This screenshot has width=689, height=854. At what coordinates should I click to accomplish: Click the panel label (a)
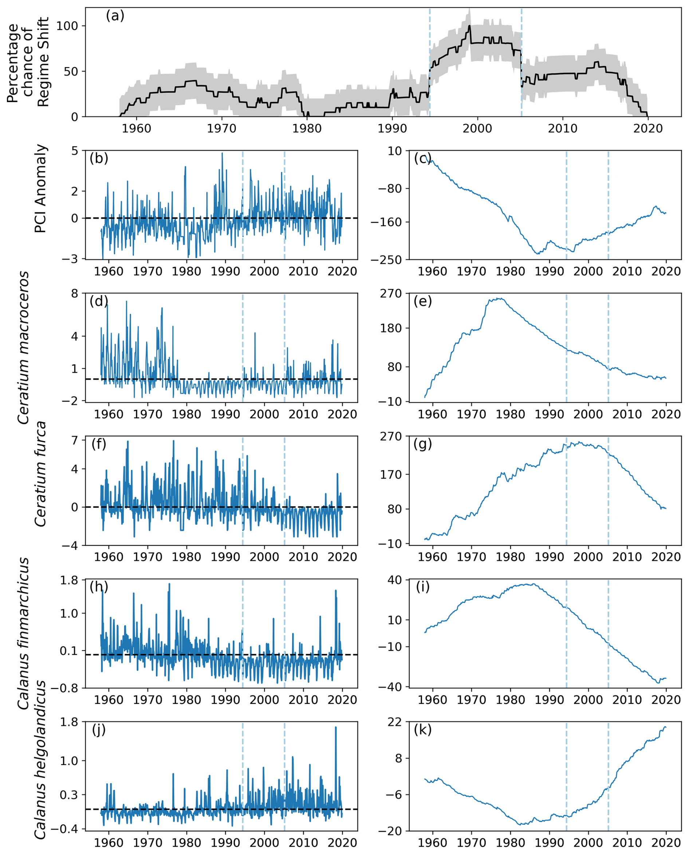click(x=115, y=16)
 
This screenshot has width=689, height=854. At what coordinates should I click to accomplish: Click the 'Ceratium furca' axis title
click(x=40, y=474)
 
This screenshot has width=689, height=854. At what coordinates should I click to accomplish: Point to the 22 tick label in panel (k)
click(x=394, y=722)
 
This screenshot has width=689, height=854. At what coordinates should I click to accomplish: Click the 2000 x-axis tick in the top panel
click(x=477, y=129)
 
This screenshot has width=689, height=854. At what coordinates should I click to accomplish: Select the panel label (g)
click(x=423, y=444)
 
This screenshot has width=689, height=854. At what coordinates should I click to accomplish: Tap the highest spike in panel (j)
click(x=336, y=727)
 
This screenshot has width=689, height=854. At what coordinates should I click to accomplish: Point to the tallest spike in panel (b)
click(x=222, y=153)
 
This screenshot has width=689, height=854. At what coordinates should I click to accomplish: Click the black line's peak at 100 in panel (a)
click(x=469, y=26)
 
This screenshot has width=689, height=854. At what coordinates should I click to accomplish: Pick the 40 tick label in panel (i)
click(x=394, y=580)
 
